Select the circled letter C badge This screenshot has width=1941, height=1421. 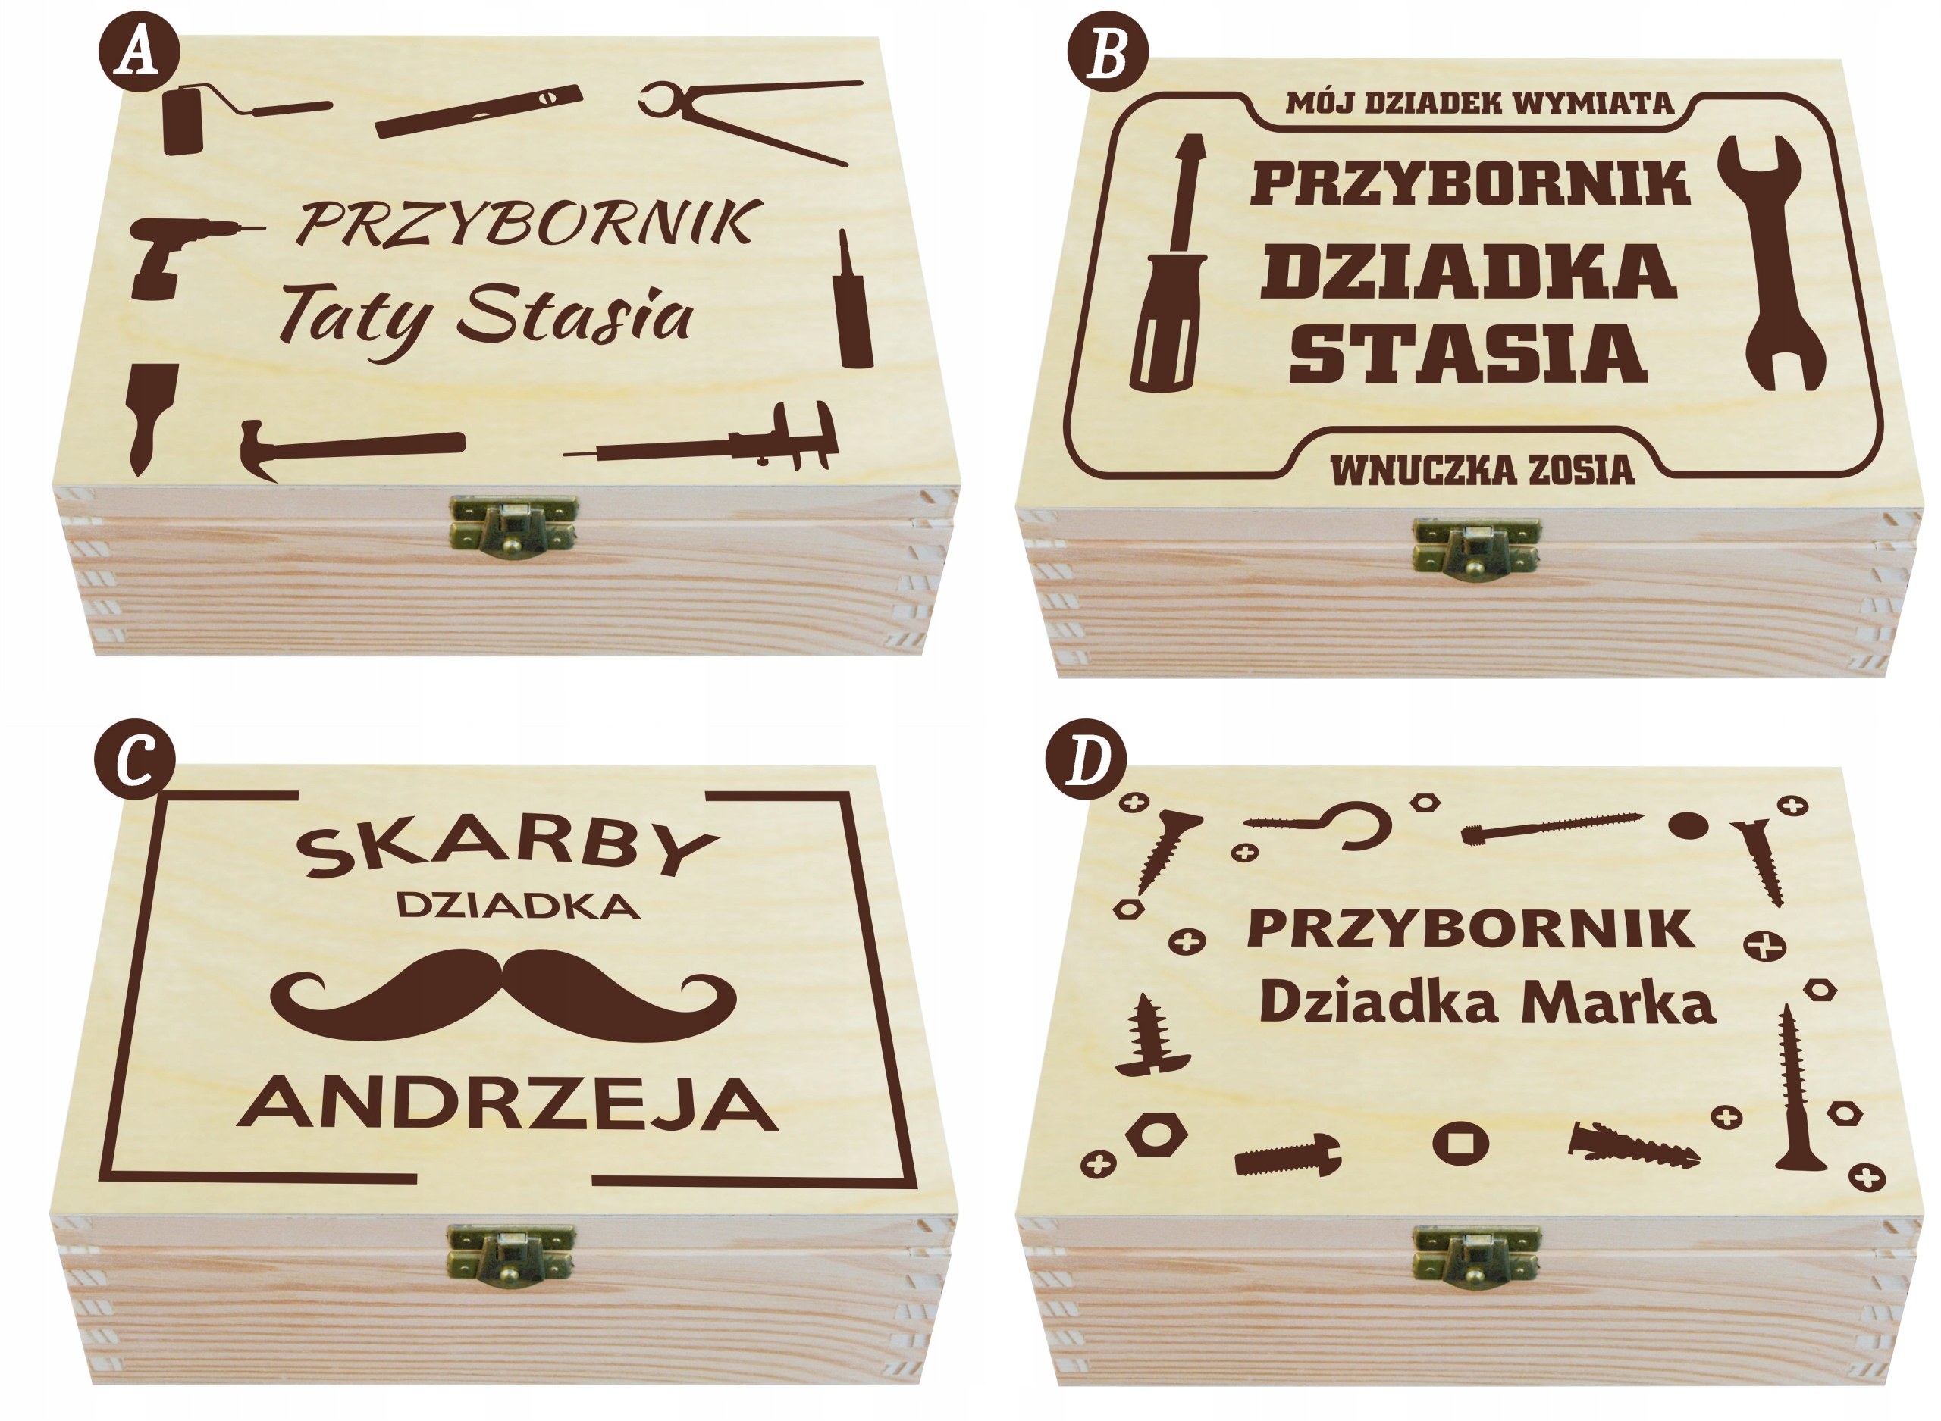coord(135,759)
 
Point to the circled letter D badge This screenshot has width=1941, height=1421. coord(1086,759)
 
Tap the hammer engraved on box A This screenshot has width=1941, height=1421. coord(353,448)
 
